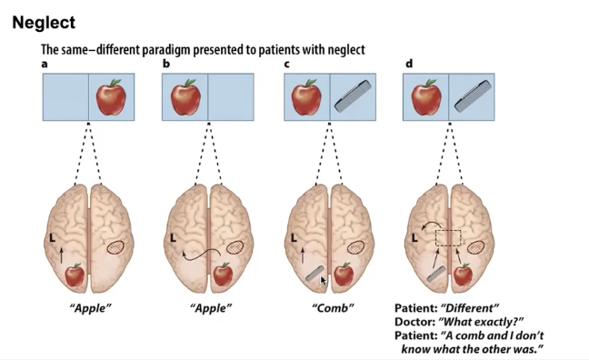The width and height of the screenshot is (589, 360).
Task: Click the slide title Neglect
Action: click(44, 21)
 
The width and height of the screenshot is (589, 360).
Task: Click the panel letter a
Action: click(45, 64)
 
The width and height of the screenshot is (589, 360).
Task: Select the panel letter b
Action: click(165, 64)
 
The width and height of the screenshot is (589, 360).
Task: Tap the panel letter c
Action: click(286, 64)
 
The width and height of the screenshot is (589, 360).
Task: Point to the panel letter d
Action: click(407, 64)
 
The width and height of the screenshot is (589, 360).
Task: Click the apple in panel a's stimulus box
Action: click(112, 96)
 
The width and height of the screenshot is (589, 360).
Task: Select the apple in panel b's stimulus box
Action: click(185, 96)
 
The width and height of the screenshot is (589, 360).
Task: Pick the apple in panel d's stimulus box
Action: click(426, 97)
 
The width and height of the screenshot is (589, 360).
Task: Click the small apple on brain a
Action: click(75, 275)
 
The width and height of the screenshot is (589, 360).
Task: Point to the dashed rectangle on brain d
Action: click(450, 238)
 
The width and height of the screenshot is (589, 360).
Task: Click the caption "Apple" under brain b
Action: click(211, 309)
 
